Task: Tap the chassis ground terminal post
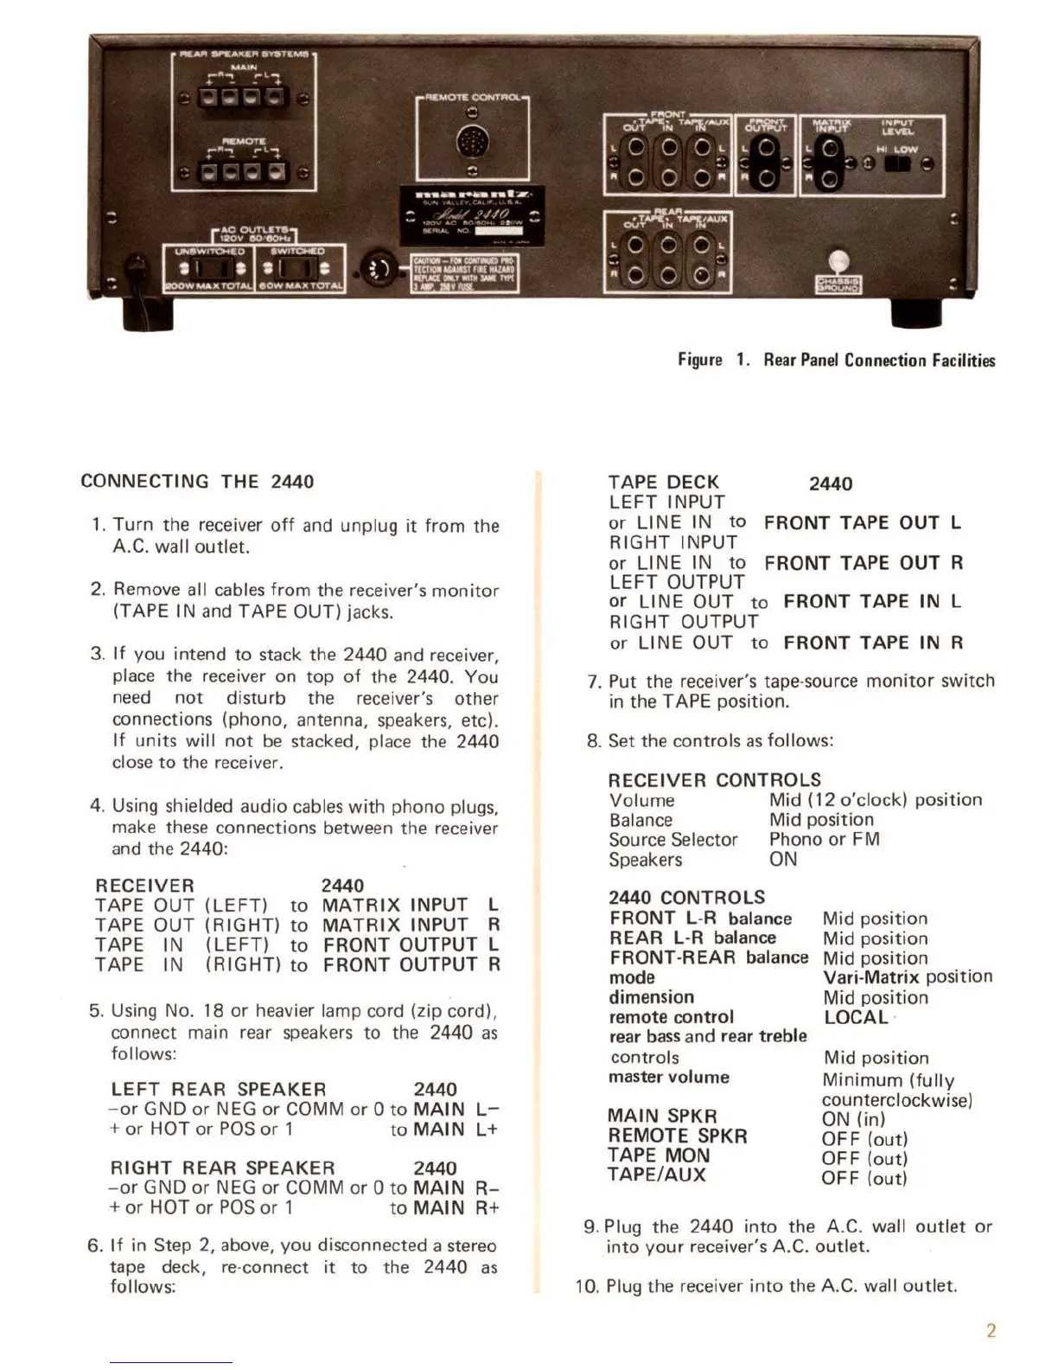click(x=838, y=262)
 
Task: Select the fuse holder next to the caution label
click(x=378, y=270)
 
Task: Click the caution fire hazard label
click(x=464, y=274)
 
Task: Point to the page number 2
click(x=991, y=1330)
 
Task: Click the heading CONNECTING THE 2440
click(x=197, y=482)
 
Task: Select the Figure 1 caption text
click(x=836, y=360)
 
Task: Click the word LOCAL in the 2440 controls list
click(x=856, y=1017)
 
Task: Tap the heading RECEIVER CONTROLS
click(x=714, y=779)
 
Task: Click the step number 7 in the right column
click(x=593, y=682)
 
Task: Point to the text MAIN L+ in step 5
click(x=456, y=1130)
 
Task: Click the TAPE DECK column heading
click(x=663, y=482)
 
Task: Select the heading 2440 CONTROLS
click(x=687, y=898)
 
